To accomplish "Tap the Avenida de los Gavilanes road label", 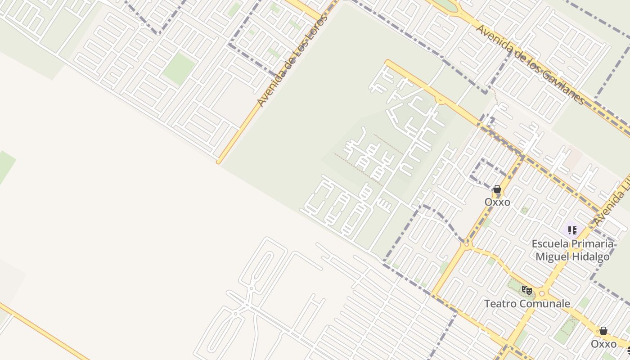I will click(530, 65).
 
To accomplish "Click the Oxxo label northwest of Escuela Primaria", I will click(497, 202).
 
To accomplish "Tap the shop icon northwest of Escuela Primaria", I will click(497, 189).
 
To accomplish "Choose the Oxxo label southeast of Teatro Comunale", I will click(603, 344).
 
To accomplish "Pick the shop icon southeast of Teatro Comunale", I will click(603, 331).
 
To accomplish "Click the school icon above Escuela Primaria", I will click(572, 231).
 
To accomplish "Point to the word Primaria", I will click(591, 244).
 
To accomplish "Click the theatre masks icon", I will click(527, 290).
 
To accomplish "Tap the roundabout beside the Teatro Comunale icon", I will click(542, 294).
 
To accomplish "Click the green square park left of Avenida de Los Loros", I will click(179, 69).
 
